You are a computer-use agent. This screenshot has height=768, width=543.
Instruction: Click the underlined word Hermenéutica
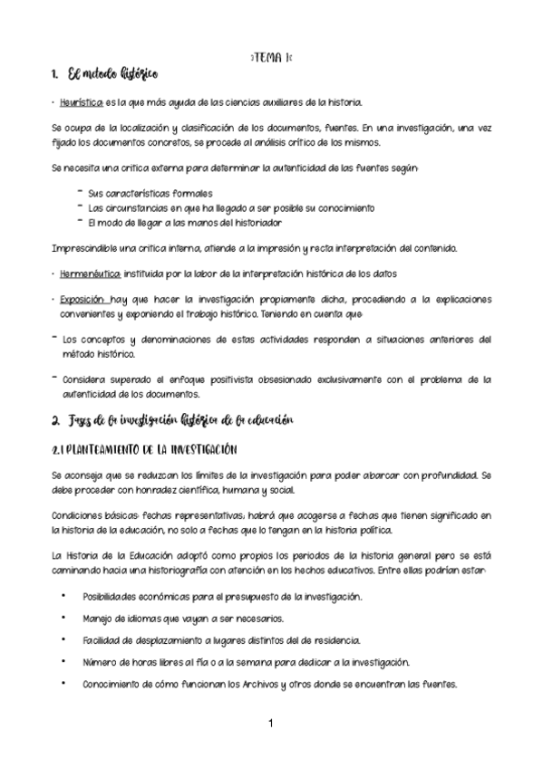[90, 273]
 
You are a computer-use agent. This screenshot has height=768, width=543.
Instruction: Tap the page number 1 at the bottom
[270, 725]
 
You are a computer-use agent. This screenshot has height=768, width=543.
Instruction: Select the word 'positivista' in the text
[229, 379]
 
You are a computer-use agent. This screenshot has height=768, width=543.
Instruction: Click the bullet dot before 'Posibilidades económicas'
[63, 596]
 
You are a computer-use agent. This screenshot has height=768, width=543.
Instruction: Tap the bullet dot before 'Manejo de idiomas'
[63, 618]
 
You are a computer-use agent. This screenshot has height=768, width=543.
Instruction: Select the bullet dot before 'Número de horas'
[63, 662]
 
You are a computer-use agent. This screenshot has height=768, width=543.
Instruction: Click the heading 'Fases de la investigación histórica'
[172, 420]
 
